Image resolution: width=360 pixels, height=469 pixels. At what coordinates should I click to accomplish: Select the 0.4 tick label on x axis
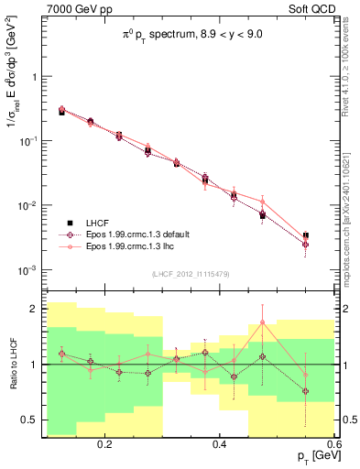[219, 444]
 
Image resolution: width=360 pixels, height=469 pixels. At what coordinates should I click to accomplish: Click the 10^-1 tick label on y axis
[29, 141]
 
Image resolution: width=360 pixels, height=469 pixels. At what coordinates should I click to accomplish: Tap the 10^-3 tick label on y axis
[29, 270]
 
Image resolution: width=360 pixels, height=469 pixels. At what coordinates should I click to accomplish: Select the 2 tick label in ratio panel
[33, 309]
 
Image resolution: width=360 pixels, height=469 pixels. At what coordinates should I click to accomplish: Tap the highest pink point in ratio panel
[262, 322]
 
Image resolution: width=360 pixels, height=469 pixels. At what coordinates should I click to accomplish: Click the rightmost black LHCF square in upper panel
[305, 236]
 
